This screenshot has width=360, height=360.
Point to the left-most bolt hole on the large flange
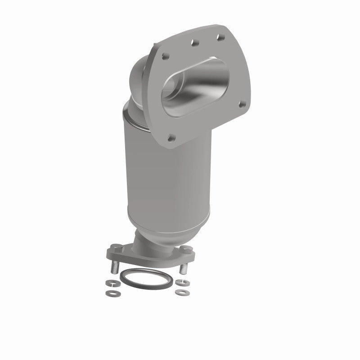point(163,57)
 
